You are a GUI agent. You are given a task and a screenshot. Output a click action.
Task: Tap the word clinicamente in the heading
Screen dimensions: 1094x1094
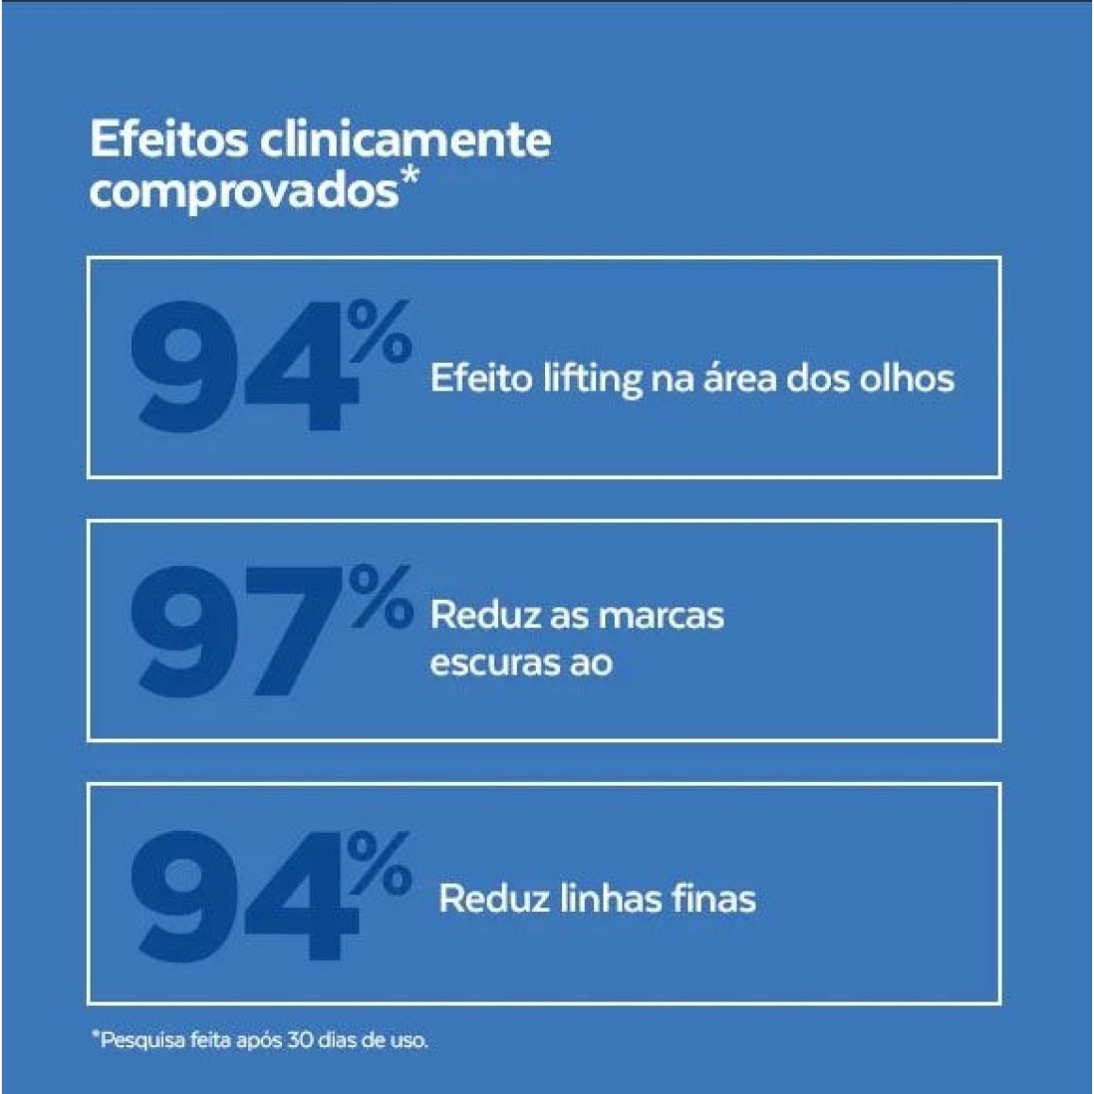[x=405, y=140]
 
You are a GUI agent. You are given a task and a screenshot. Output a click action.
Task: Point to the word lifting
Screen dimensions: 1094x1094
[x=591, y=379]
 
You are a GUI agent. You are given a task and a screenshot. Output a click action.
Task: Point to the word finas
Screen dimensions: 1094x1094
[x=714, y=898]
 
